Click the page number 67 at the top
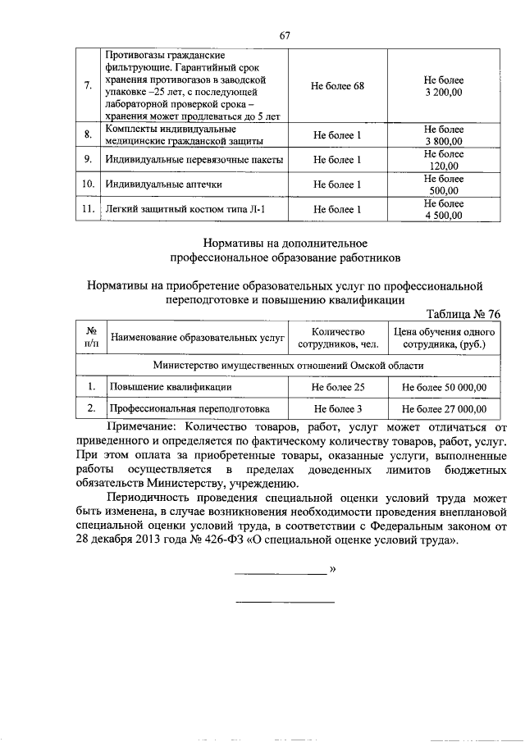click(x=285, y=34)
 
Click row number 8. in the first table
click(x=88, y=134)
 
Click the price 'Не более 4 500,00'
click(x=443, y=209)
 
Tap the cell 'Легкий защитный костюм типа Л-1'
click(x=185, y=210)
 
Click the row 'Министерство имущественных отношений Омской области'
click(x=289, y=365)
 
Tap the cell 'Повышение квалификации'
click(x=163, y=386)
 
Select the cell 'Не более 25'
click(x=337, y=386)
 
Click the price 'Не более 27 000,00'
click(x=443, y=407)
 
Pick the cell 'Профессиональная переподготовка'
click(x=189, y=407)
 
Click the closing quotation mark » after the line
click(x=332, y=568)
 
